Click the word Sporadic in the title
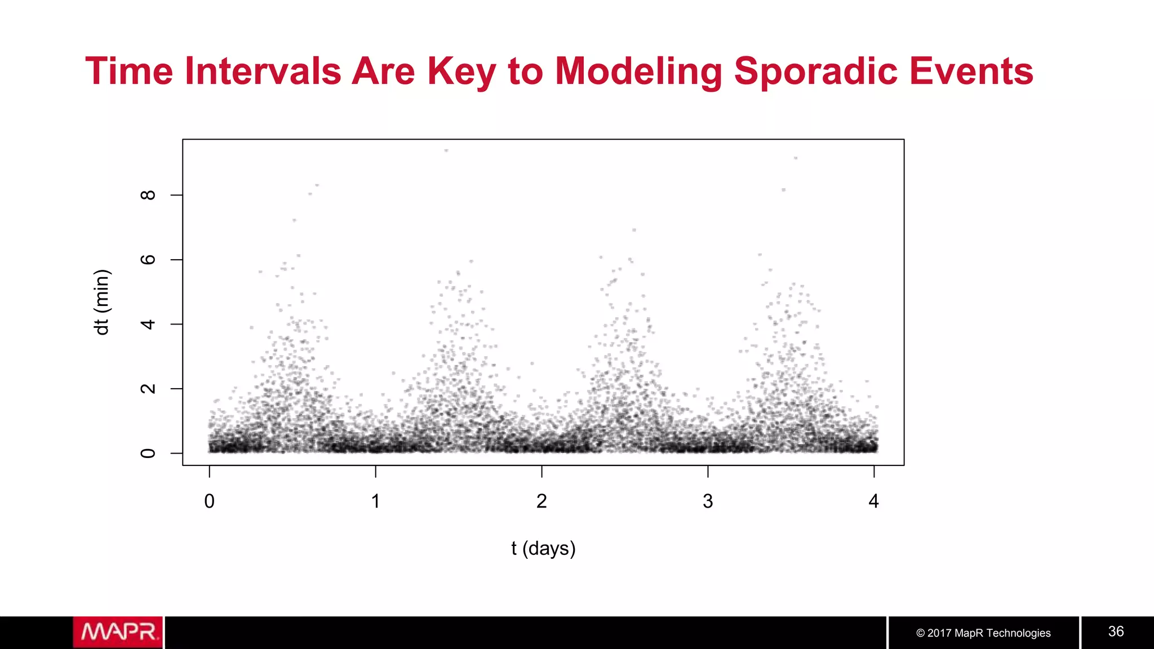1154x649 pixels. [x=815, y=72]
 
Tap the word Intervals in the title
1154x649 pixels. [x=263, y=72]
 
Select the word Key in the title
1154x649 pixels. [x=461, y=72]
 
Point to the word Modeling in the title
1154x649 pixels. [x=638, y=72]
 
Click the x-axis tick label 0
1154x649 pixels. [x=209, y=501]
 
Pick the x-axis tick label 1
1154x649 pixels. [x=375, y=501]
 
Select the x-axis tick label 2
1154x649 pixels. [x=542, y=501]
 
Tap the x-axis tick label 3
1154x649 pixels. [x=708, y=501]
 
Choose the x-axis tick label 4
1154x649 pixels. [x=873, y=501]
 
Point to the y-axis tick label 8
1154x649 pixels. [x=148, y=195]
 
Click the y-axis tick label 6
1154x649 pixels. [x=148, y=260]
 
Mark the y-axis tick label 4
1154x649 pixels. [x=148, y=324]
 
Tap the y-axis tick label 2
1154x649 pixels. [x=148, y=389]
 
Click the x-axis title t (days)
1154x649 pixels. [x=543, y=548]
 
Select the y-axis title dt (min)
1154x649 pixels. [x=102, y=303]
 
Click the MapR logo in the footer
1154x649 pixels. [x=118, y=632]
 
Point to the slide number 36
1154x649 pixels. [x=1116, y=632]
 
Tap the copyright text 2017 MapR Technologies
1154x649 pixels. [x=983, y=633]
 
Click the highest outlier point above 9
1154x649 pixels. [x=446, y=150]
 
